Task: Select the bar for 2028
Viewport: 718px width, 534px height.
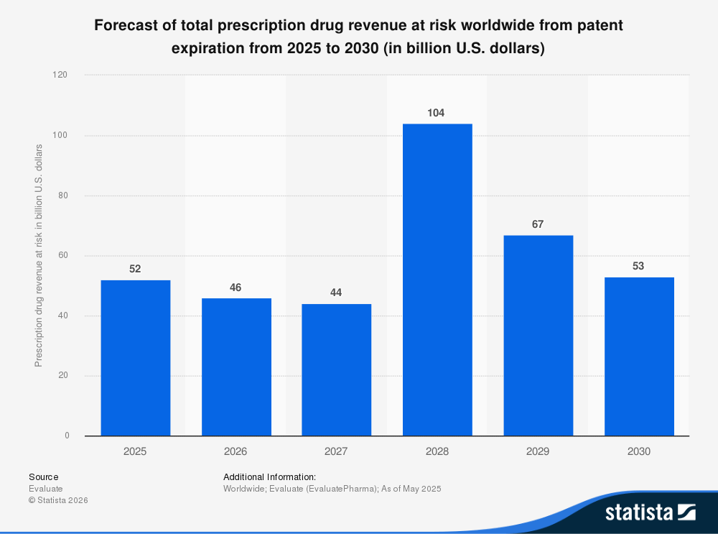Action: click(x=437, y=280)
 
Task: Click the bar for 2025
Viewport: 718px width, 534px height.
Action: click(x=135, y=358)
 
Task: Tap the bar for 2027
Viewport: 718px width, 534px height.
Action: click(x=337, y=369)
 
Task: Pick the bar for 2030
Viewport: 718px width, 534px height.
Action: click(x=639, y=356)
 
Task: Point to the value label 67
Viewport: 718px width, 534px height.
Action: click(x=538, y=224)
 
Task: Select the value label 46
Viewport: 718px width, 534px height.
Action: click(x=236, y=287)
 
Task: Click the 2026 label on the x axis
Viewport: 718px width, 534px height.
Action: click(x=236, y=451)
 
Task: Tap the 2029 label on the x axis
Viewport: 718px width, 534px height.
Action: click(x=538, y=451)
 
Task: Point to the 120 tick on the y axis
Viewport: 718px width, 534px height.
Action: click(x=62, y=75)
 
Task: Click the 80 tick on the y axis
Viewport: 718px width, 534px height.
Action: click(x=64, y=195)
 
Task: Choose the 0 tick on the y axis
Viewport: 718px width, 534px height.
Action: click(x=67, y=436)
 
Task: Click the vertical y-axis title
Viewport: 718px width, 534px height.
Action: click(x=39, y=255)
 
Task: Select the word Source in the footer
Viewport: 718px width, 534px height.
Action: click(x=44, y=477)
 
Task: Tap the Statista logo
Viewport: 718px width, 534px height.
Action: click(x=650, y=512)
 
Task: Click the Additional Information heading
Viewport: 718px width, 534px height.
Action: click(x=269, y=477)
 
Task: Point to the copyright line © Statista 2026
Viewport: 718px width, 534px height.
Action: click(x=58, y=500)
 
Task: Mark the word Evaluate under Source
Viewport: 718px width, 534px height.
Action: click(x=46, y=489)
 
